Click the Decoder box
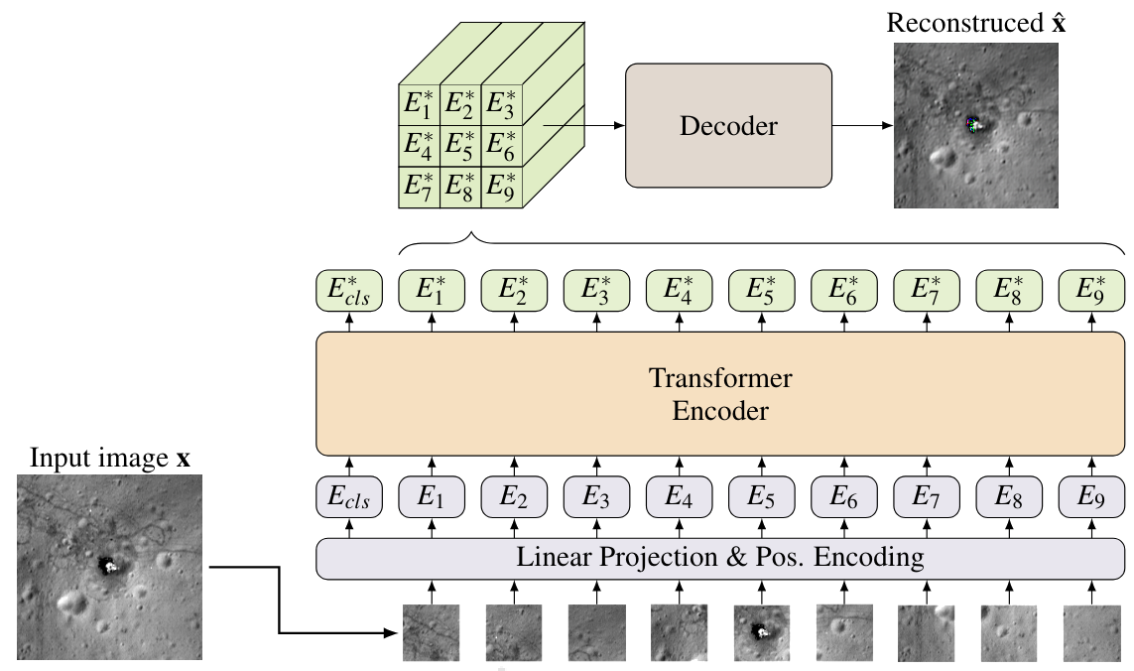pos(728,126)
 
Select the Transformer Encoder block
pos(720,394)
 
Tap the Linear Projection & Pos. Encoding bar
pos(720,558)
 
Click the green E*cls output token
pos(348,290)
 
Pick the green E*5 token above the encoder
pos(761,290)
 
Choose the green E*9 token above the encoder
pos(1092,290)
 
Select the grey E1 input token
pos(431,497)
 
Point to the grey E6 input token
pos(844,497)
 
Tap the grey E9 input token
pos(1092,497)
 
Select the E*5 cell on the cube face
pos(460,146)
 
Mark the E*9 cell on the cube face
pos(502,188)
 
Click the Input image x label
pos(110,460)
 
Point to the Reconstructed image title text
pos(976,23)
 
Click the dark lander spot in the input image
pos(106,566)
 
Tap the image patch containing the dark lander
pos(761,633)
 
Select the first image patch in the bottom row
pos(431,633)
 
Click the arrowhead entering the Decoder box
pos(620,126)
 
